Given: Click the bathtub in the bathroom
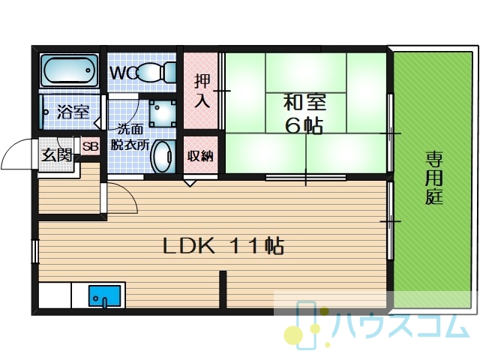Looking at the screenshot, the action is pos(70,70).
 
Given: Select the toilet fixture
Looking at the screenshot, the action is pos(157,72).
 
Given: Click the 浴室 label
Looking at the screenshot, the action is pos(73,112).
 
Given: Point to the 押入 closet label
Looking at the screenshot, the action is pos(202,91).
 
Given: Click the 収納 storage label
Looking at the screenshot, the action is pos(200,156).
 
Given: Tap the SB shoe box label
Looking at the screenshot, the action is pos(91,146).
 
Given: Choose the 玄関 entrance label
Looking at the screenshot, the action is pos(57,155).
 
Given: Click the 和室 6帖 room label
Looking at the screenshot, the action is pos(304,113).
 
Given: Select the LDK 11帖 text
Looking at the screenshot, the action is pos(223,246).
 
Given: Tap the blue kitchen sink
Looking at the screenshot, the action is pos(105,296).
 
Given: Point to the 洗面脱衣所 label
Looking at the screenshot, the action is pos(130,136).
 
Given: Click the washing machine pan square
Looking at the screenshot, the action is pos(163,113).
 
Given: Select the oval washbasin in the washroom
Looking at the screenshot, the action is pos(163,157).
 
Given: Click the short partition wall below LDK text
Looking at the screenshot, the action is pos(223,289).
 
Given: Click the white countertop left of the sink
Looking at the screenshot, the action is pos(55,295).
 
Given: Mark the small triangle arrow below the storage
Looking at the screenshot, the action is pos(190,183).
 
